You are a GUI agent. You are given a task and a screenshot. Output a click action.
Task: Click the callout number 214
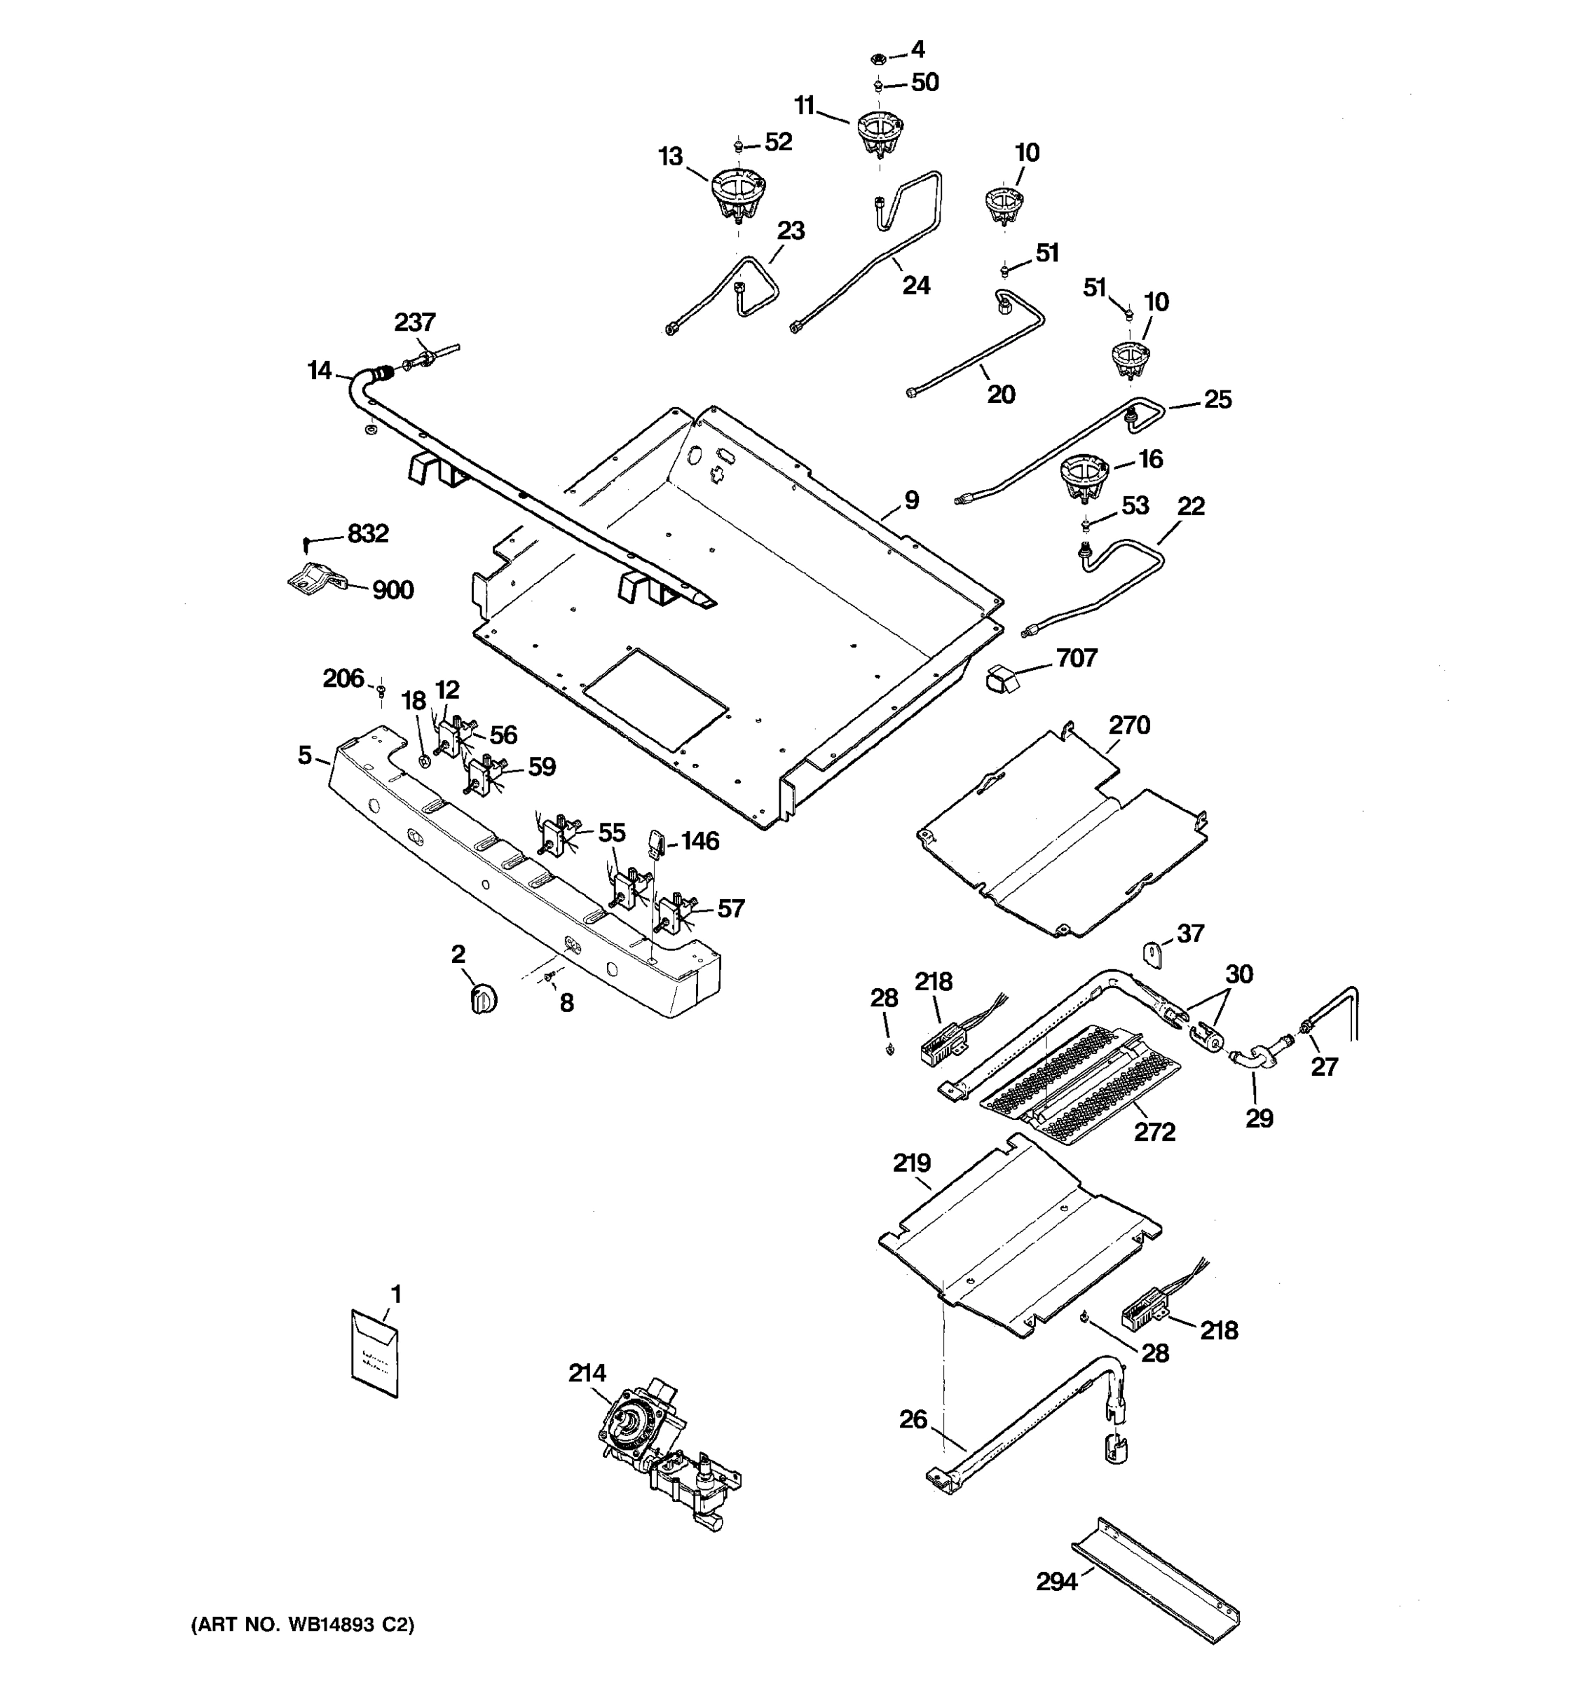(587, 1373)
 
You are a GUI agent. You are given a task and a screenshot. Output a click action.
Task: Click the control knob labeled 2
(483, 999)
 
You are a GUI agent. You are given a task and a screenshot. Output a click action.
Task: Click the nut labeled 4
(878, 58)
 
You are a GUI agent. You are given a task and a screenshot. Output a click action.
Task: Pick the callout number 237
(414, 322)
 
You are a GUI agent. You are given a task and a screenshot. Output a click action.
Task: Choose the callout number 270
(1129, 725)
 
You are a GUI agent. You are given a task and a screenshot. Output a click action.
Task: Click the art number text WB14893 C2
(302, 1625)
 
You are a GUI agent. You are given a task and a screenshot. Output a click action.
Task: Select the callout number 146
(700, 841)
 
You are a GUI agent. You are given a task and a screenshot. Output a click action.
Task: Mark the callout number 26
(913, 1419)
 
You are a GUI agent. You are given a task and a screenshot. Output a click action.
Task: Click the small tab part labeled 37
(1153, 954)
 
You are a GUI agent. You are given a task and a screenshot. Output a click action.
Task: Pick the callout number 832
(368, 534)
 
